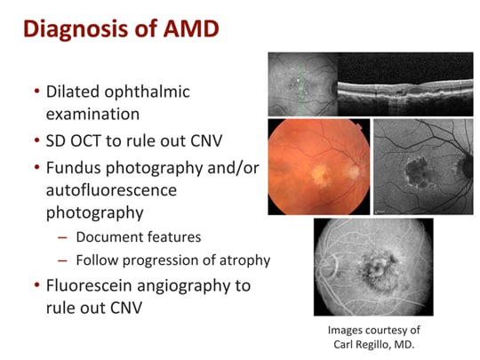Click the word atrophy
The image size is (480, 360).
[x=244, y=260]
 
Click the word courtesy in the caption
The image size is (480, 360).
[x=388, y=330]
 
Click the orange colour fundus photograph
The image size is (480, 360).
[x=317, y=167]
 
